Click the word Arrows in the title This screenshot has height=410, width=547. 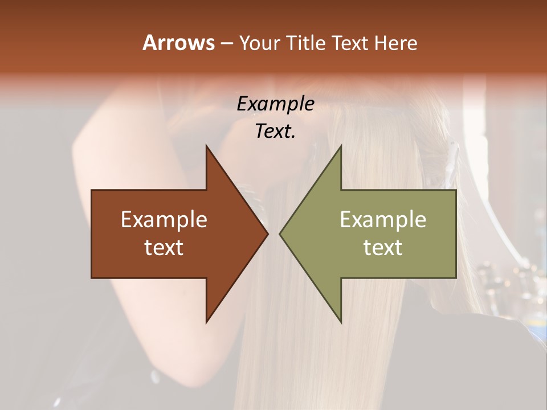tap(178, 43)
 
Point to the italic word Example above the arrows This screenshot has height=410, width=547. tap(275, 104)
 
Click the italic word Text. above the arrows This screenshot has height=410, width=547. tap(275, 131)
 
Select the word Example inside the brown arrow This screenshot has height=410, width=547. tap(164, 219)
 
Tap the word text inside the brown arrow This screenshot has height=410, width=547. tap(164, 247)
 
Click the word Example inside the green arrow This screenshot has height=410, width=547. tap(383, 219)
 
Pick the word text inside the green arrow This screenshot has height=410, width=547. tap(383, 247)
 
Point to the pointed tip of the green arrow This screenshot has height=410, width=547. tap(280, 233)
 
